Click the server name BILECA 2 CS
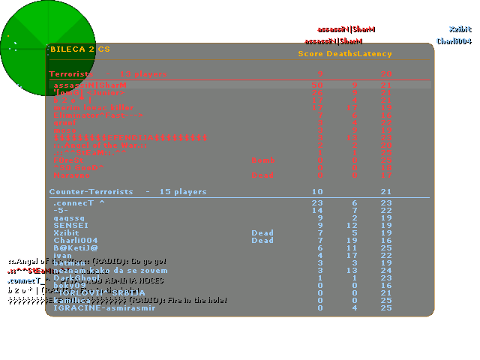click(x=79, y=49)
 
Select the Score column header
click(x=310, y=54)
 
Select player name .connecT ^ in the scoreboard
click(x=79, y=203)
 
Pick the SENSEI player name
click(x=70, y=225)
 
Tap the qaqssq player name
click(x=69, y=217)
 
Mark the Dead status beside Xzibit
click(x=262, y=232)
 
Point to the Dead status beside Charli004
click(x=262, y=240)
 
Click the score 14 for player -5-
click(x=318, y=211)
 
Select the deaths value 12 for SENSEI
click(x=352, y=225)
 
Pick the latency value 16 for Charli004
click(x=385, y=240)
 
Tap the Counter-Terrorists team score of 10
click(x=317, y=192)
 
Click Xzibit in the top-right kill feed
click(x=460, y=29)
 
